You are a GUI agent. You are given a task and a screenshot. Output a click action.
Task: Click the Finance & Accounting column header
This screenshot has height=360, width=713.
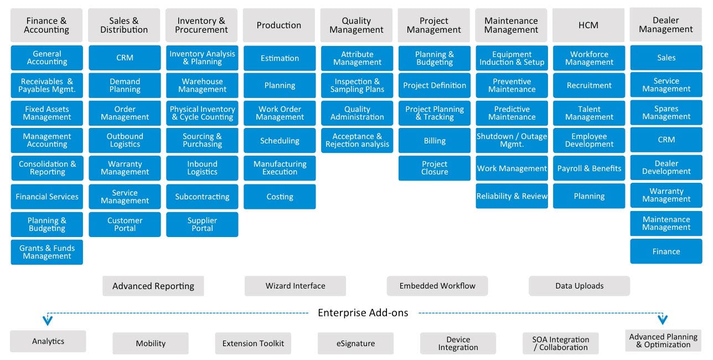click(x=46, y=25)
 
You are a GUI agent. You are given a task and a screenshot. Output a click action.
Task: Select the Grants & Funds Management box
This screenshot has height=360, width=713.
click(x=47, y=252)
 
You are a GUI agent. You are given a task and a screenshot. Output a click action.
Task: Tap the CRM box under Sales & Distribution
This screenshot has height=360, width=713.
click(x=125, y=58)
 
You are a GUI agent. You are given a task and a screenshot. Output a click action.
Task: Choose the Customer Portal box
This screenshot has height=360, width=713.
click(x=125, y=224)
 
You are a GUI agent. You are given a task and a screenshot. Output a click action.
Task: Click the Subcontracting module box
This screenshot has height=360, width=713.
click(x=202, y=197)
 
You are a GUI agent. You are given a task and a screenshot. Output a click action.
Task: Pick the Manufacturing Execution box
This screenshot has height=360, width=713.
click(x=280, y=168)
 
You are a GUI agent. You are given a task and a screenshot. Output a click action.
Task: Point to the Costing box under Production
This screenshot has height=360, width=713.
click(x=280, y=197)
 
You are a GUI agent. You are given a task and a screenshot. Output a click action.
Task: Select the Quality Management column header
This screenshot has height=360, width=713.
click(x=356, y=25)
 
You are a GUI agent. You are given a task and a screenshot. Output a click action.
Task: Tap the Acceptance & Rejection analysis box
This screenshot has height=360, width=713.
click(x=357, y=140)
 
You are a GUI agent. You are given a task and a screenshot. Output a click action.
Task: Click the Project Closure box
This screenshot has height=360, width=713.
click(x=435, y=168)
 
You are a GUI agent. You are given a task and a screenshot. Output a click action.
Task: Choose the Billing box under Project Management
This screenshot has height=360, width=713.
click(x=435, y=141)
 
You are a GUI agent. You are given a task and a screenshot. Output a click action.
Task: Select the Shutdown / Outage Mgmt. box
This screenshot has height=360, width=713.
click(x=512, y=140)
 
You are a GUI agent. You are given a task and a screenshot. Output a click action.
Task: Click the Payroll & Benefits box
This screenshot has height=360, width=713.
click(x=589, y=168)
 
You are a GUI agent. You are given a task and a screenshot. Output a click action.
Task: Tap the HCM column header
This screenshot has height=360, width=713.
click(x=588, y=25)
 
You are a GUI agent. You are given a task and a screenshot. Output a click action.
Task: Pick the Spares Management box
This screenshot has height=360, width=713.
click(x=666, y=112)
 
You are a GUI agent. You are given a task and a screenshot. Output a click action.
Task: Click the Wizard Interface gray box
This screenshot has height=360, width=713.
click(x=295, y=286)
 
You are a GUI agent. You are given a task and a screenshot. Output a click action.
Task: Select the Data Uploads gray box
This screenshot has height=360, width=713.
click(x=579, y=286)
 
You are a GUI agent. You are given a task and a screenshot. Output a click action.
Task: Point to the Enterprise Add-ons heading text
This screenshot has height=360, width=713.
click(x=363, y=313)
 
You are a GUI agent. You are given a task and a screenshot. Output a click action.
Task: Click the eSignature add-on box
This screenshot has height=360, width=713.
click(x=355, y=343)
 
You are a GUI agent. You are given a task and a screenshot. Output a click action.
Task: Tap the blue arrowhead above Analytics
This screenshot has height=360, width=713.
click(x=48, y=320)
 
